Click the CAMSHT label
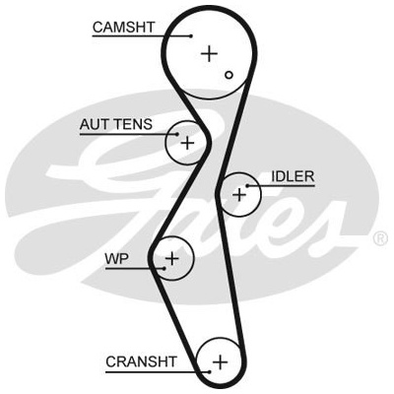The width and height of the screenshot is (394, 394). pos(123,28)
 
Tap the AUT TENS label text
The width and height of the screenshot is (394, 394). pos(116,124)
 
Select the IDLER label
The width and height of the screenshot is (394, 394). pos(293,176)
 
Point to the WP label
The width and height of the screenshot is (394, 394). pos(116,259)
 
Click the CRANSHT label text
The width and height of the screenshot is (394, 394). pos(141,361)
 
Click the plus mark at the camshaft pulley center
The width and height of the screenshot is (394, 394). pos(209,53)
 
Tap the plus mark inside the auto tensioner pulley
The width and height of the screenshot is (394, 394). pos(187,143)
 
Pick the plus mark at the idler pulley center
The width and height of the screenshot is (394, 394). pos(239,195)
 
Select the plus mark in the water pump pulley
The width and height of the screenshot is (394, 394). pos(172,259)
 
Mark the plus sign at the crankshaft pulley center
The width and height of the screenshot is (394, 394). pos(220,362)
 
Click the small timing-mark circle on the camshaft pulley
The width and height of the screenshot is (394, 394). pos(229,75)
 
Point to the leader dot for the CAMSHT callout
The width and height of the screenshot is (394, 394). pos(191,35)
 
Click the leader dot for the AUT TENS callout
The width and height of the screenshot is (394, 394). pos(177,134)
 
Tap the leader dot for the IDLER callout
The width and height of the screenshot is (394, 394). pos(247,186)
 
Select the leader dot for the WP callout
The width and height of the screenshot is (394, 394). pos(164,269)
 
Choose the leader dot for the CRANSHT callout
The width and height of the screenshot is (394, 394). pos(209,371)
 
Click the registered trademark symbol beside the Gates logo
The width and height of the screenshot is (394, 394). pos(380,238)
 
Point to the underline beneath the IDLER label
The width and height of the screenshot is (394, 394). pos(281,186)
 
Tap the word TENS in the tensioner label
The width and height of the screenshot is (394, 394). pos(133,124)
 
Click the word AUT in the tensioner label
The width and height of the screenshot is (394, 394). pos(95,124)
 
